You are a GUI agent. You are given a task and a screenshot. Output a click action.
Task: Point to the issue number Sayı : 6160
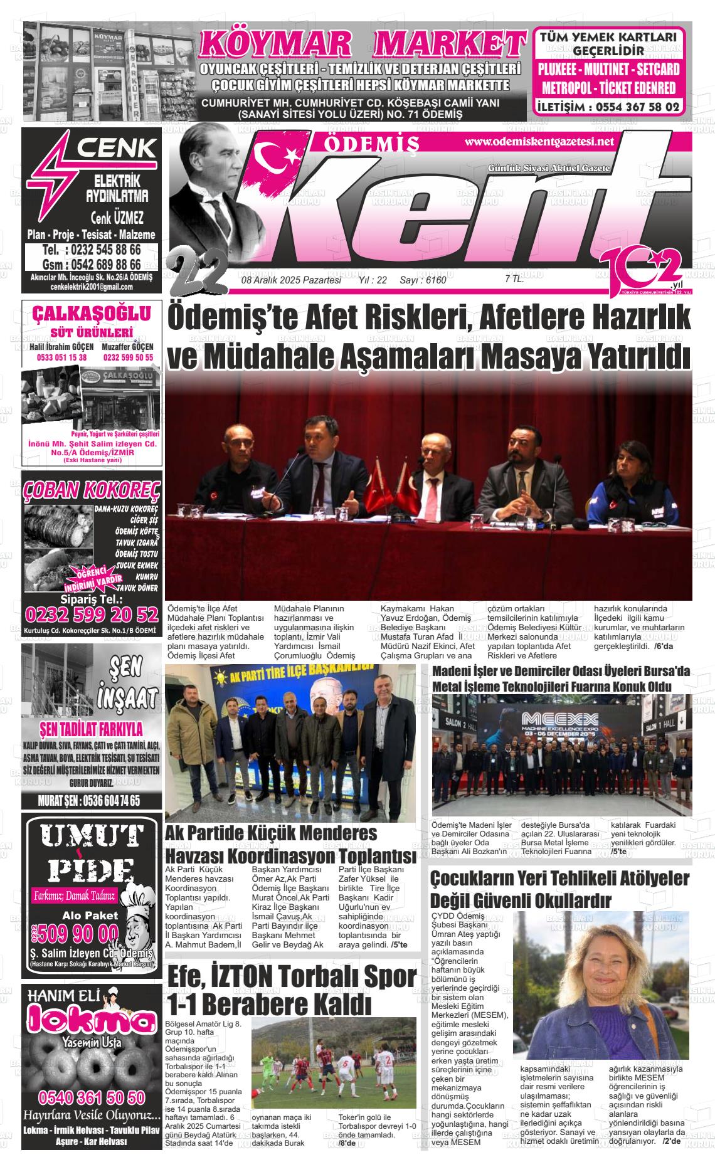point(423,280)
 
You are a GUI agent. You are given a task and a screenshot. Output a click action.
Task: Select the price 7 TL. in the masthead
point(514,280)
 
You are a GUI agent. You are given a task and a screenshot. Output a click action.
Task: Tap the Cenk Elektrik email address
point(92,287)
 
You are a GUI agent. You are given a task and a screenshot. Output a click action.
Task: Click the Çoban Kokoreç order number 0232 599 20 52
point(92,613)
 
